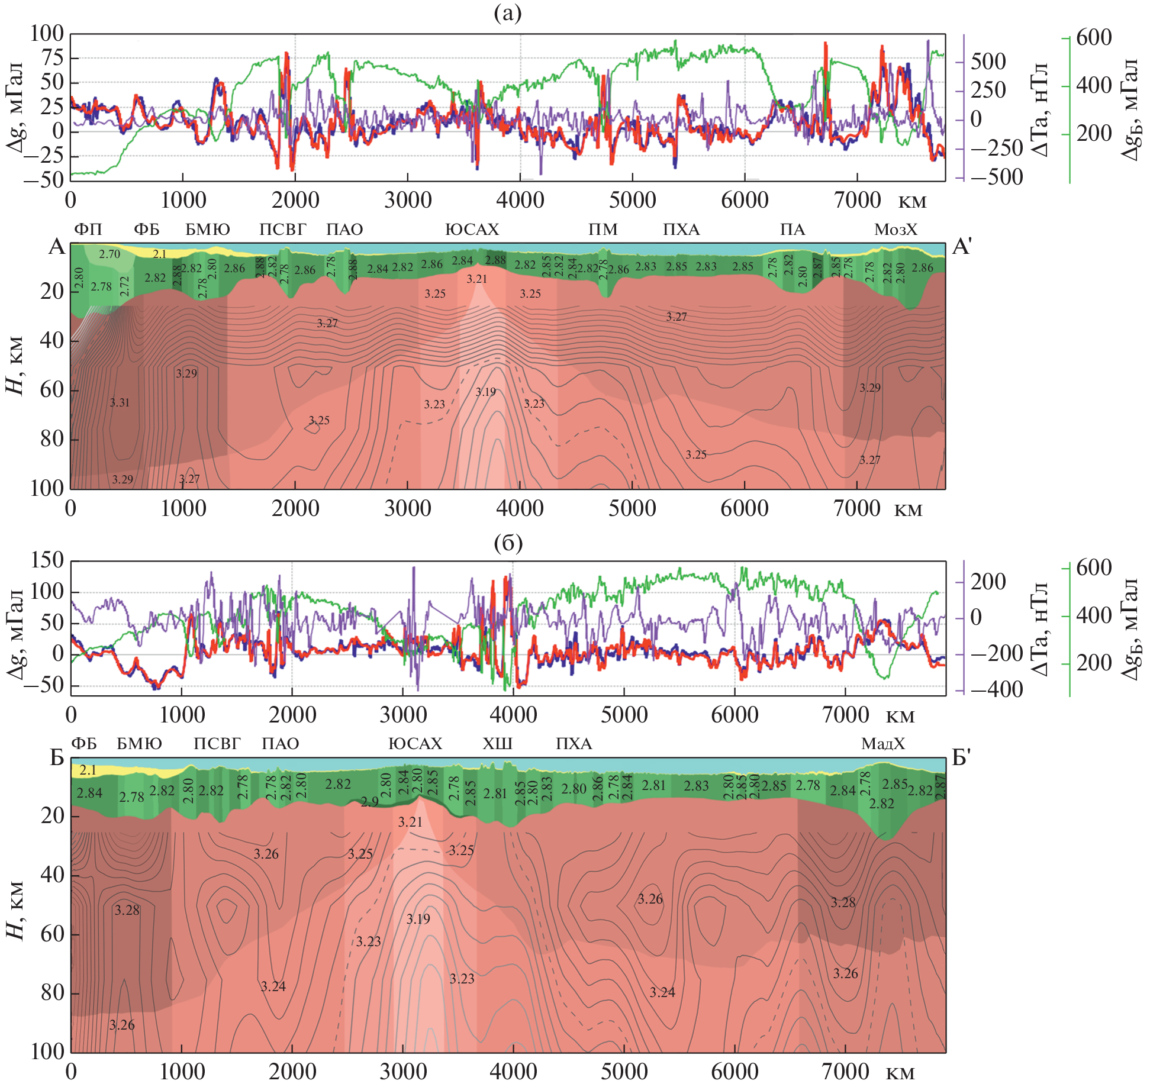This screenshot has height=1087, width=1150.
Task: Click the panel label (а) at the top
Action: click(507, 14)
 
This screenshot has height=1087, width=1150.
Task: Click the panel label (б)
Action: click(508, 542)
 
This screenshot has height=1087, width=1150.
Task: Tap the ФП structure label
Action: click(88, 230)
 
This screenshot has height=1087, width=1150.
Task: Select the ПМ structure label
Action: click(603, 230)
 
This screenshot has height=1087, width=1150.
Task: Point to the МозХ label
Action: click(895, 230)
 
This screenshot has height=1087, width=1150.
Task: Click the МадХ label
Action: click(882, 744)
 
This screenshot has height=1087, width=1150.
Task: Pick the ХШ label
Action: click(497, 744)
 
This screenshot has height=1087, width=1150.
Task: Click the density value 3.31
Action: click(120, 402)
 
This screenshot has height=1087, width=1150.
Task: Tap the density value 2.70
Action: click(109, 254)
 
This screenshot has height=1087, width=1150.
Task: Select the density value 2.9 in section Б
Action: click(369, 802)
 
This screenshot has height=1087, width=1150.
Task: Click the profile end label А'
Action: click(962, 246)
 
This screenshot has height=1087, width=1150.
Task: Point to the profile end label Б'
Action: click(962, 757)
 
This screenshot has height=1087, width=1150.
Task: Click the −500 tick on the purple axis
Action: click(1005, 177)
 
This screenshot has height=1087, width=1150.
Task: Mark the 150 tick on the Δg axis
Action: click(47, 560)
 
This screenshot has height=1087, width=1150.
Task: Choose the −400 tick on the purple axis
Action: click(997, 689)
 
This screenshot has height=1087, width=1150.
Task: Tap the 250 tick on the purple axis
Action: click(988, 90)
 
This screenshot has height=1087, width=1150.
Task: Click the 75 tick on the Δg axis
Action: click(51, 58)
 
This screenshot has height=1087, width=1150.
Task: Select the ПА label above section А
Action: click(793, 230)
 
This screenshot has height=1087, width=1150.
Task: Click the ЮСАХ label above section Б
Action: click(415, 744)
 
